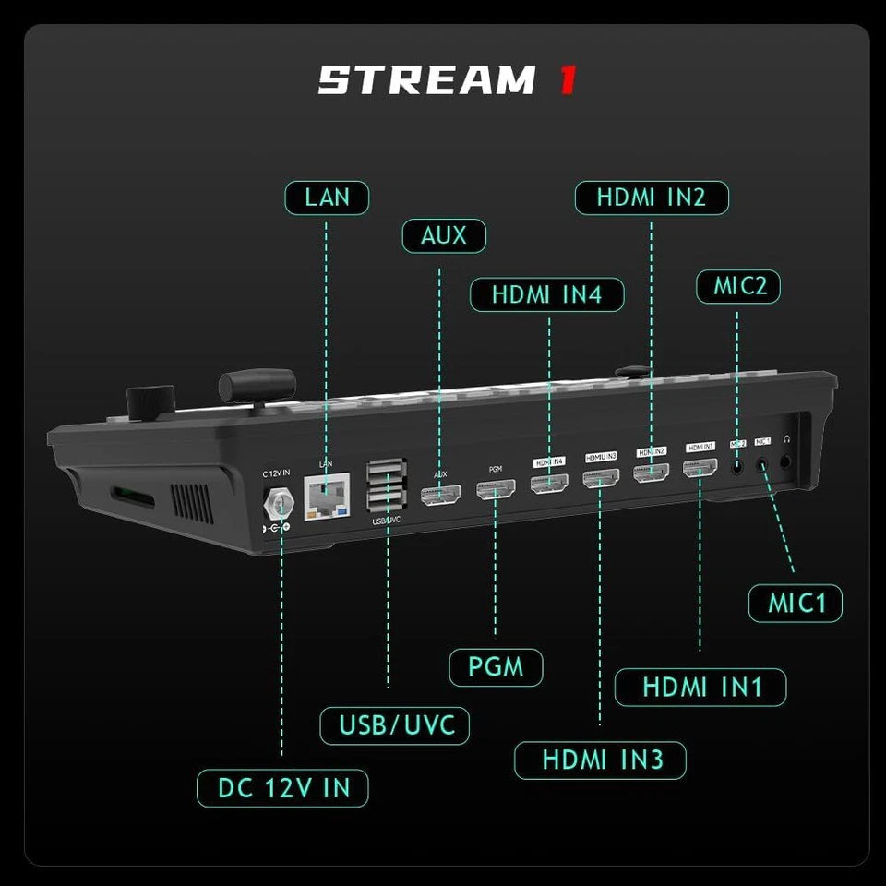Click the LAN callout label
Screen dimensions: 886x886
[326, 198]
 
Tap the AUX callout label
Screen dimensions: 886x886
[443, 235]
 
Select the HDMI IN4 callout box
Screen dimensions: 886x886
[546, 294]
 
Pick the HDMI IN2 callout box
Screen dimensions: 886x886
[651, 198]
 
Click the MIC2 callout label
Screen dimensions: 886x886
[738, 286]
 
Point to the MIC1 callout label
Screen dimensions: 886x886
[795, 604]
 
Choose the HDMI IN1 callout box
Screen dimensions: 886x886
[700, 688]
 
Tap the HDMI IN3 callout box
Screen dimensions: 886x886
[600, 760]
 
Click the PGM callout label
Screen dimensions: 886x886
[496, 667]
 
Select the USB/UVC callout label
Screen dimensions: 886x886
[395, 724]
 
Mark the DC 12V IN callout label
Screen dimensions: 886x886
[282, 788]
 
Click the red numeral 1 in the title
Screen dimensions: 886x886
[568, 80]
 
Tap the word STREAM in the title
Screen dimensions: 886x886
[425, 80]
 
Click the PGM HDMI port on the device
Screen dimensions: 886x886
[496, 491]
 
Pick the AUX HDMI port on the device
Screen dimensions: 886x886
[440, 495]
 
